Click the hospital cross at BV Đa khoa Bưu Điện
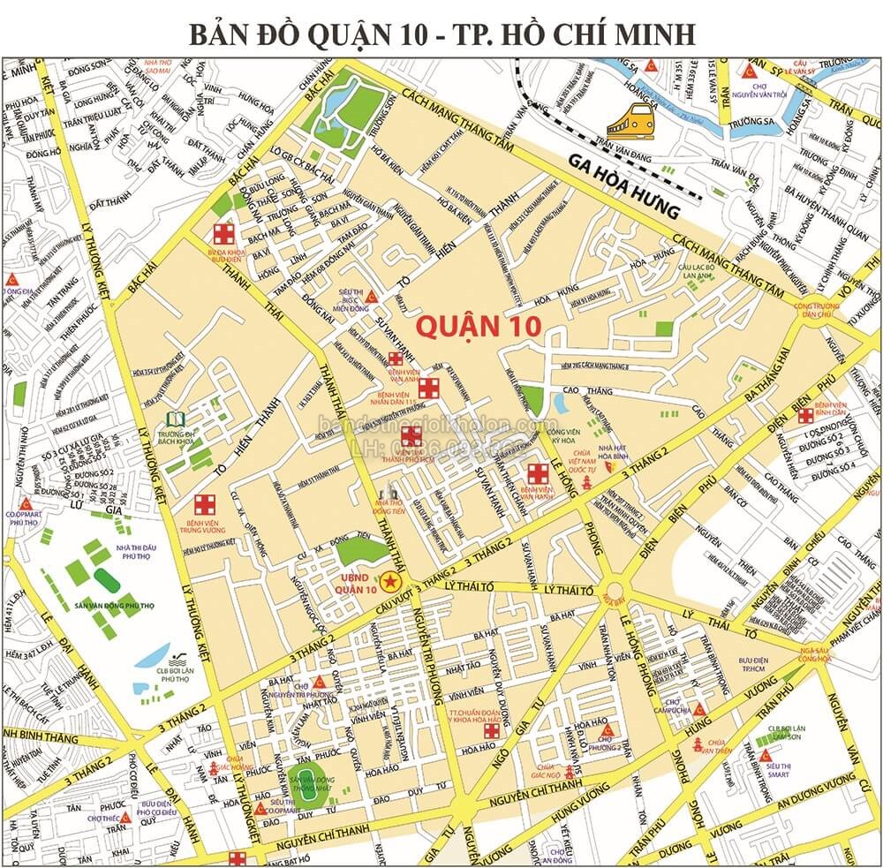coord(224,234)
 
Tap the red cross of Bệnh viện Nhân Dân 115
coord(429,387)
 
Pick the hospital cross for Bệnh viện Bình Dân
coord(805,415)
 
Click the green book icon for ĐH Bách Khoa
coord(176,419)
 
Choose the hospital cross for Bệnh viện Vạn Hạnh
coord(536,472)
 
